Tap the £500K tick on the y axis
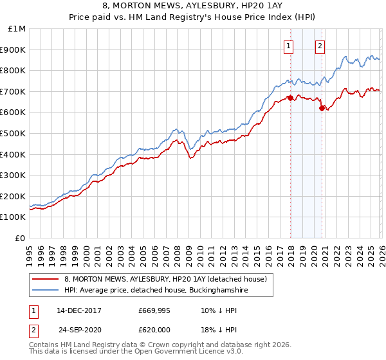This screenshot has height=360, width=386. pos(13,133)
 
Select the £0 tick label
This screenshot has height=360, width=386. pos(20,238)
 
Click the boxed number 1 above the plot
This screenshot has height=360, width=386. pos(289,46)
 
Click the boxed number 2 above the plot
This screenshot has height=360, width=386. pos(320,46)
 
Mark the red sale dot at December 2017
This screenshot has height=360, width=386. pos(290,98)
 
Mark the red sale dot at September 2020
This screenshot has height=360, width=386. pos(322,108)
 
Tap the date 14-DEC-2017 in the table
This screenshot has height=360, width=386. pos(78,310)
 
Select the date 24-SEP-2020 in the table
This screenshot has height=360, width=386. pos(78,328)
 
